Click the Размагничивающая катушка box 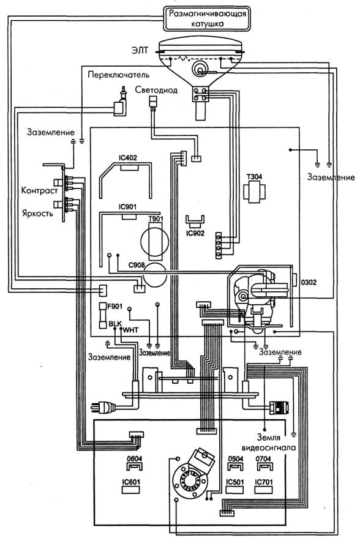206,18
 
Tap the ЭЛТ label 140,50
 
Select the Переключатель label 118,75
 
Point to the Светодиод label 156,90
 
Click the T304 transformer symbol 254,192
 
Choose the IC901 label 127,207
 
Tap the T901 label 156,219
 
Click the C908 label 137,265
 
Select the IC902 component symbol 195,222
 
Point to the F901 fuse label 114,307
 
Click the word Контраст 39,190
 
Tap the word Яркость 38,213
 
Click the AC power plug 103,407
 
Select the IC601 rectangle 131,490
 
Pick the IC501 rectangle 234,490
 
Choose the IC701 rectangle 263,490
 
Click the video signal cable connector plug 279,407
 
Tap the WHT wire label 130,330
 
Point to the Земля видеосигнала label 269,443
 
